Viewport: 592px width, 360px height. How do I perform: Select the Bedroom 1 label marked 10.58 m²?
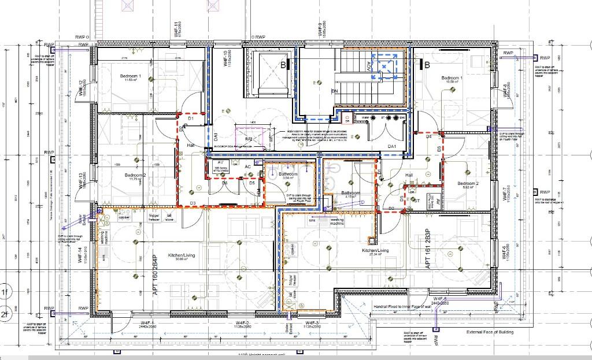(x=452, y=79)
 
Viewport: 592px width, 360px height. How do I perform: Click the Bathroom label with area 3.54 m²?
(x=288, y=175)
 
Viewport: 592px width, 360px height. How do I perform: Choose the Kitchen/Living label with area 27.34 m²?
(x=375, y=251)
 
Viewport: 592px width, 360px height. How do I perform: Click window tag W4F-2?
(x=242, y=322)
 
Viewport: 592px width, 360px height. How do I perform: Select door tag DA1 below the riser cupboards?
(x=393, y=147)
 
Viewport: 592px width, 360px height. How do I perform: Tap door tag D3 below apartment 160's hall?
(x=193, y=203)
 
